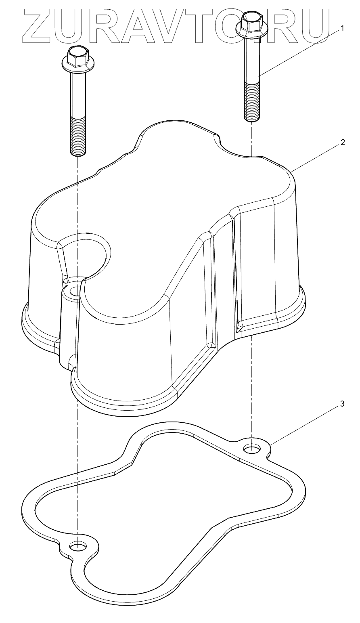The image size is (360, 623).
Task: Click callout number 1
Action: coord(342,28)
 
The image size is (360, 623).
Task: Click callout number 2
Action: coord(342,142)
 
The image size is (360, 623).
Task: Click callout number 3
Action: coord(342,404)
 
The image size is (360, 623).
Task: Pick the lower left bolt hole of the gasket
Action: coord(77,546)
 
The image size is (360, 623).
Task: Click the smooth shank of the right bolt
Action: coord(251,61)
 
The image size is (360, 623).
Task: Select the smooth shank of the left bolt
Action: coord(78,93)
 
